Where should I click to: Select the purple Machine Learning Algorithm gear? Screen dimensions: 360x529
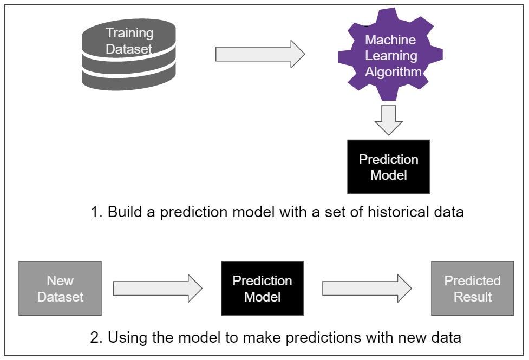point(390,56)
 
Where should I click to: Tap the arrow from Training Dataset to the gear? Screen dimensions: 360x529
point(260,54)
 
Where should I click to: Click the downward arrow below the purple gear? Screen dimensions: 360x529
point(389,120)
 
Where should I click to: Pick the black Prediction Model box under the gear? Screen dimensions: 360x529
point(388,167)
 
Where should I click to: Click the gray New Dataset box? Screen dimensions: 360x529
point(60,289)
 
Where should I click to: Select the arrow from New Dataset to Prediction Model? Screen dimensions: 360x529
point(157,289)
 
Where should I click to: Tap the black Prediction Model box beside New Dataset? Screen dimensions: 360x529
point(262,289)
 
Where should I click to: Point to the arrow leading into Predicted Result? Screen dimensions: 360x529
point(367,289)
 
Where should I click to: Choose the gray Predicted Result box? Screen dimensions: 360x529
point(472,289)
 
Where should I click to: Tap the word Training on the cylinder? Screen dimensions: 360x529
point(129,33)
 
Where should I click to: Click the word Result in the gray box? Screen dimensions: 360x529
point(473,297)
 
